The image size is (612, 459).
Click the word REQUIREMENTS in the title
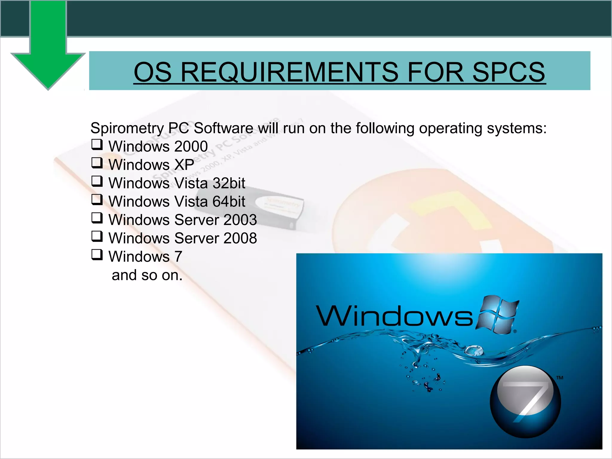[x=289, y=72]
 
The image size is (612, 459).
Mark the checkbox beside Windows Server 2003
[x=97, y=218]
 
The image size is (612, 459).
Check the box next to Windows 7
[x=97, y=255]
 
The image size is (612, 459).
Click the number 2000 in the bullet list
[x=191, y=146]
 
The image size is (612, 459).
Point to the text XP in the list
[x=184, y=165]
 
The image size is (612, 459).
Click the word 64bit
[x=229, y=201]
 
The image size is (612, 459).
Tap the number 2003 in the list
[x=240, y=220]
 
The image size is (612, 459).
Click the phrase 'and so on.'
[x=147, y=275]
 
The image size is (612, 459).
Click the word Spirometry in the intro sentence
[x=127, y=128]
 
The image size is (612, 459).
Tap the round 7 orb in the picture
[x=525, y=402]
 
